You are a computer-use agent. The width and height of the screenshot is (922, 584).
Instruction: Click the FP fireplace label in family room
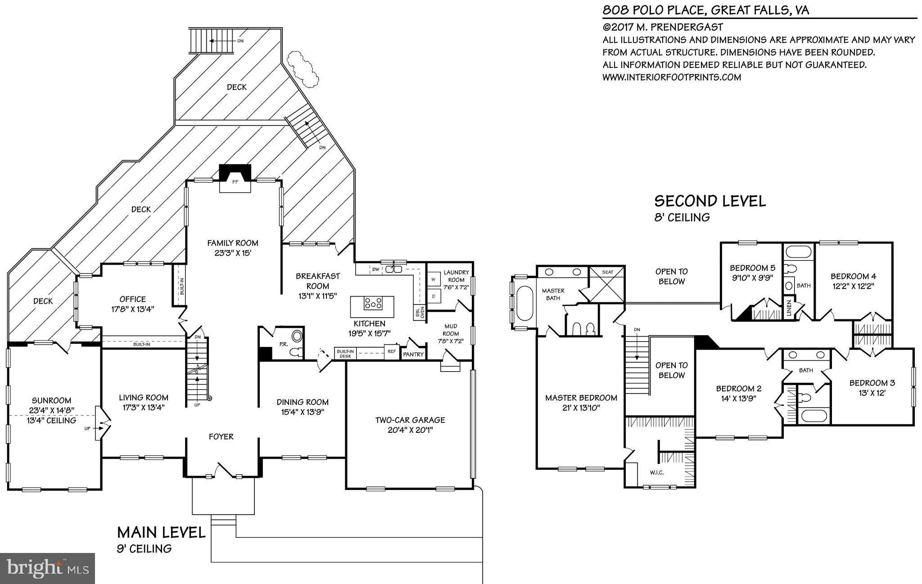pyautogui.click(x=235, y=182)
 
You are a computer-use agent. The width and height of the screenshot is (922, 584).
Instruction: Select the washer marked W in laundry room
pyautogui.click(x=434, y=279)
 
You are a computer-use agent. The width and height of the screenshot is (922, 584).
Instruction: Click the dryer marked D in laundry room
pyautogui.click(x=434, y=296)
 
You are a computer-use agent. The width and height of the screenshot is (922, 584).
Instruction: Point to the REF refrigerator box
pyautogui.click(x=391, y=351)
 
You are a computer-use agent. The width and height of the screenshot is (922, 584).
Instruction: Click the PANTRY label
pyautogui.click(x=413, y=355)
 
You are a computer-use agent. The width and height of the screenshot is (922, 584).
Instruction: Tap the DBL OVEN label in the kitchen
pyautogui.click(x=420, y=313)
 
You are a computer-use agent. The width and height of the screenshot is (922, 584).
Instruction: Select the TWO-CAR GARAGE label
pyautogui.click(x=410, y=420)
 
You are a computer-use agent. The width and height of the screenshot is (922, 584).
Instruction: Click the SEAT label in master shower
pyautogui.click(x=607, y=272)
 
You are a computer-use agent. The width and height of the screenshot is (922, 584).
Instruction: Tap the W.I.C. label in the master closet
pyautogui.click(x=657, y=472)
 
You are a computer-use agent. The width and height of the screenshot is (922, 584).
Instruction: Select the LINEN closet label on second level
pyautogui.click(x=788, y=308)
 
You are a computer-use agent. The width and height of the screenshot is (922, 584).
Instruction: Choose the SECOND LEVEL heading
pyautogui.click(x=710, y=201)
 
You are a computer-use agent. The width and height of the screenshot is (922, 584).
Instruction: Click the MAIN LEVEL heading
pyautogui.click(x=161, y=532)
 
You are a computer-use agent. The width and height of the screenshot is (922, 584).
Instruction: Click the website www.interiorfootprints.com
pyautogui.click(x=671, y=77)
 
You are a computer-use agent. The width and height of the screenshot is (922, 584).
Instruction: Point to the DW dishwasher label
pyautogui.click(x=375, y=269)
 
